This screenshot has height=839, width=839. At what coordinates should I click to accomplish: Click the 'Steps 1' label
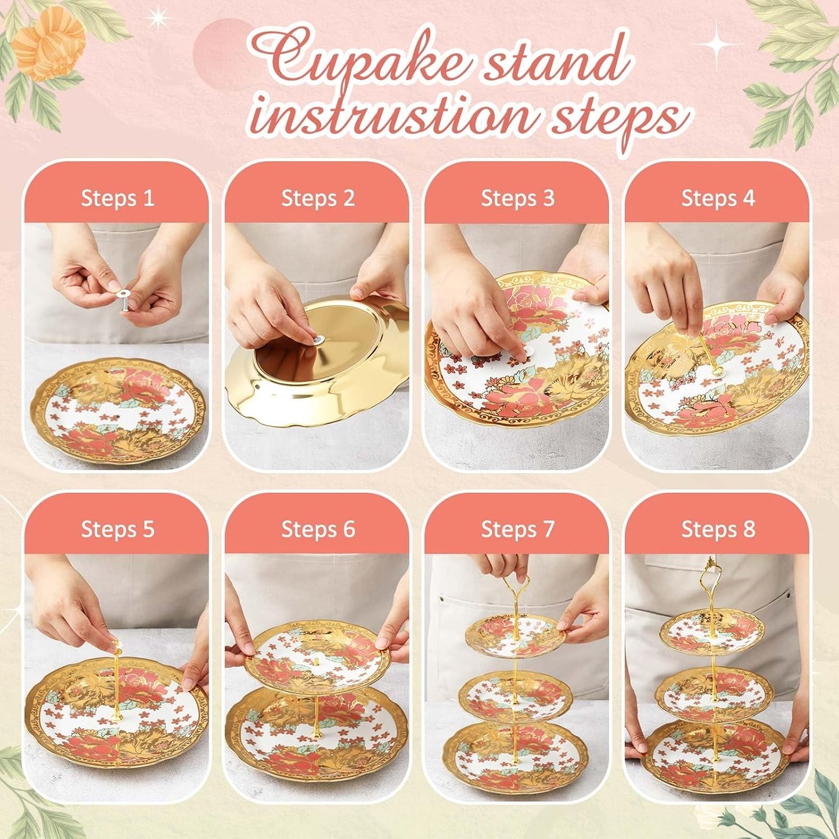(117, 199)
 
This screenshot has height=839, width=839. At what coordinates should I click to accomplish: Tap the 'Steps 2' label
(318, 199)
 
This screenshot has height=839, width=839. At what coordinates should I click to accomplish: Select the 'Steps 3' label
(517, 199)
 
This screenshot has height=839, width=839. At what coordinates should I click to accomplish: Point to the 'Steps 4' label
(718, 199)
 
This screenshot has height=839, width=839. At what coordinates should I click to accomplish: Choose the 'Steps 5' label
(117, 530)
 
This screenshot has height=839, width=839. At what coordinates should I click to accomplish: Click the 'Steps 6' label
(318, 530)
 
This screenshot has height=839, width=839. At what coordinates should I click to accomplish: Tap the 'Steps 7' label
(517, 530)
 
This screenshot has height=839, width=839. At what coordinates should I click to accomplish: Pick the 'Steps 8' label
(718, 530)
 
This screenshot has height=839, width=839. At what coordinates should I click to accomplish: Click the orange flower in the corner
(49, 44)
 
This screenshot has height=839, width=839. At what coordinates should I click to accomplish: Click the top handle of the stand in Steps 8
(709, 575)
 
